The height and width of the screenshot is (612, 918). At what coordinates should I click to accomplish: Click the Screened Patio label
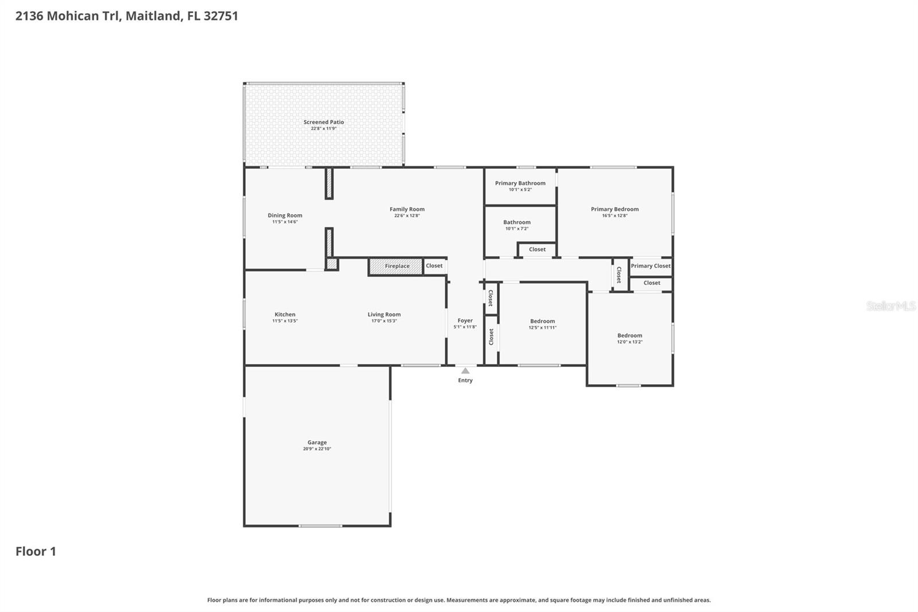pyautogui.click(x=324, y=122)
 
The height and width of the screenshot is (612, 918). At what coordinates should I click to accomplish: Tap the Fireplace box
pyautogui.click(x=396, y=266)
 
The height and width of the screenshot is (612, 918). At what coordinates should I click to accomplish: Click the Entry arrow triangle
pyautogui.click(x=465, y=371)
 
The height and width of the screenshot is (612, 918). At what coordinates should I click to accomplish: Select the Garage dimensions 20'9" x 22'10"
pyautogui.click(x=317, y=449)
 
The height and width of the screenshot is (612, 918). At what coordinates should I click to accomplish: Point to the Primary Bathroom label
pyautogui.click(x=520, y=183)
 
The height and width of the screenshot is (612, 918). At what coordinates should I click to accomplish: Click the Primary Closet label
pyautogui.click(x=651, y=266)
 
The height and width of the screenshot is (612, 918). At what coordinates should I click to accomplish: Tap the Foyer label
pyautogui.click(x=465, y=321)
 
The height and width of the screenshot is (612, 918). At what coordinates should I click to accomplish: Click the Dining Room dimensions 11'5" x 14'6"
pyautogui.click(x=285, y=222)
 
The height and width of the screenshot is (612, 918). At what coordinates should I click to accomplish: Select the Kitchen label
pyautogui.click(x=285, y=315)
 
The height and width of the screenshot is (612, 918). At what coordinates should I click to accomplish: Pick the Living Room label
pyautogui.click(x=384, y=315)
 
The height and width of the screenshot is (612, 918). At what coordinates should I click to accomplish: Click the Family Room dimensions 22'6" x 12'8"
pyautogui.click(x=407, y=216)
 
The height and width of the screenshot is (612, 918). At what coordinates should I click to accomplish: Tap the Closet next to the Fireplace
pyautogui.click(x=434, y=266)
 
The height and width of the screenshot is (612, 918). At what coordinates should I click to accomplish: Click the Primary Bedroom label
pyautogui.click(x=614, y=209)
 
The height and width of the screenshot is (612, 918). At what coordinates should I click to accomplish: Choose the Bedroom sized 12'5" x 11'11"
pyautogui.click(x=542, y=322)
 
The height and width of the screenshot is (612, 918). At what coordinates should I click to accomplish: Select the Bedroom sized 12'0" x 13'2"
pyautogui.click(x=629, y=336)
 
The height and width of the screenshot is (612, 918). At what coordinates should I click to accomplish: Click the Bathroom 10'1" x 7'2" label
pyautogui.click(x=516, y=222)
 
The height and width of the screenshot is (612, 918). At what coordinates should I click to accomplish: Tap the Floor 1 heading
pyautogui.click(x=36, y=552)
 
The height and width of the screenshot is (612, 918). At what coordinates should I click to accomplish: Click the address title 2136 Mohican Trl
pyautogui.click(x=126, y=16)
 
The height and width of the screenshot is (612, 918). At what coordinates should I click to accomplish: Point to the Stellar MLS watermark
pyautogui.click(x=890, y=306)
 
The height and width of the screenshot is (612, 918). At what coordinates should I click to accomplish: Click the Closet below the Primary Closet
pyautogui.click(x=651, y=283)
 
